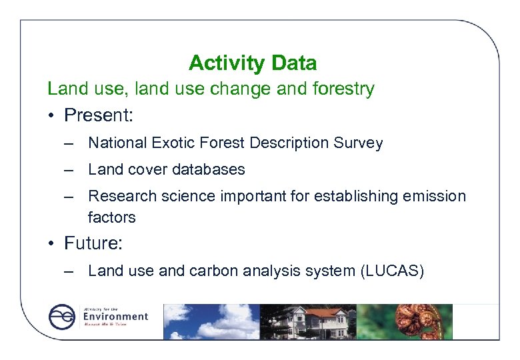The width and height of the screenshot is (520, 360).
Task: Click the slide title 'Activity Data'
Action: point(253,63)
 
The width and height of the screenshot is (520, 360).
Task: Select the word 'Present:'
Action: point(99,115)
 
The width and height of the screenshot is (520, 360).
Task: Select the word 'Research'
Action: point(117,196)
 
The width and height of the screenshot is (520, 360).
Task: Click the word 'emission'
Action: point(435,196)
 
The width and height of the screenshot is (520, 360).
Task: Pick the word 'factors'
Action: point(111,217)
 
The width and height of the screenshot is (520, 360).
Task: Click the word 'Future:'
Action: point(93,243)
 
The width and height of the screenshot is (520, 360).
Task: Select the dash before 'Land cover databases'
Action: point(69,170)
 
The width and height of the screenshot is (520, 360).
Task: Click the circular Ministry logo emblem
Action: point(62,317)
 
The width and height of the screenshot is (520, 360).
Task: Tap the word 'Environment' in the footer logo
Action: point(115,316)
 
